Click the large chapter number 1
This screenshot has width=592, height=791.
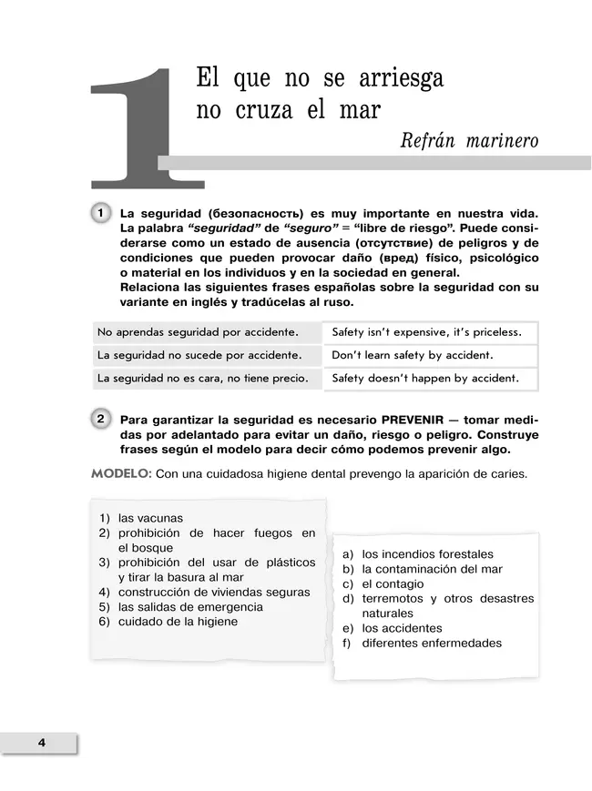[x=137, y=127]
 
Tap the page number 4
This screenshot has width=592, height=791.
[x=42, y=742]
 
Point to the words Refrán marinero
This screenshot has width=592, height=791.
[x=469, y=141]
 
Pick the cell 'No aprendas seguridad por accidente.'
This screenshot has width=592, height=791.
[x=199, y=332]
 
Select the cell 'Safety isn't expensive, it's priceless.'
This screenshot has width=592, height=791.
[x=426, y=332]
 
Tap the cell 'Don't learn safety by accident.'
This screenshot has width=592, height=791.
[x=413, y=355]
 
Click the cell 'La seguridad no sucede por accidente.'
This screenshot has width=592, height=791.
[x=199, y=355]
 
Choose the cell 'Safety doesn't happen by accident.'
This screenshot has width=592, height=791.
[x=425, y=378]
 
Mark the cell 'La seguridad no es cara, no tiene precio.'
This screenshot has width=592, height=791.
[x=203, y=378]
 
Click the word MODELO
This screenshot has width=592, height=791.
[x=121, y=474]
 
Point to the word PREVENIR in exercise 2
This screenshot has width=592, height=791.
[x=419, y=421]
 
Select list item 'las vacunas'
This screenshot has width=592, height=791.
[x=150, y=519]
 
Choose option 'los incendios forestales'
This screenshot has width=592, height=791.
[x=427, y=554]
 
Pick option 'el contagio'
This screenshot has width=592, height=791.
[x=393, y=584]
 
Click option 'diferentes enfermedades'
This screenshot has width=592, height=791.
[x=432, y=643]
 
